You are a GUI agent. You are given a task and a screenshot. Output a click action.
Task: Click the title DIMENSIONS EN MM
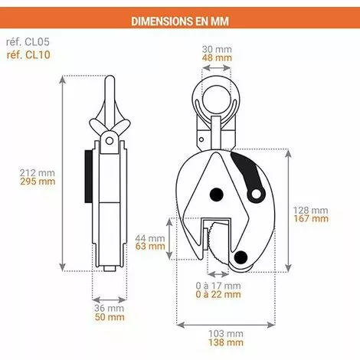pyautogui.click(x=180, y=21)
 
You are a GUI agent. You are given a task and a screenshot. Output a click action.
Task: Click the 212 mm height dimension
pyautogui.click(x=37, y=172)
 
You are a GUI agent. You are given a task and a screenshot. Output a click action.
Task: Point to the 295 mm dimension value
pyautogui.click(x=37, y=182)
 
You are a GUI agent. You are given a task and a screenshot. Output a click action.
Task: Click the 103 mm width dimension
pyautogui.click(x=227, y=335)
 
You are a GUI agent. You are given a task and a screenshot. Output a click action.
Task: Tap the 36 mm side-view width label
pyautogui.click(x=108, y=308)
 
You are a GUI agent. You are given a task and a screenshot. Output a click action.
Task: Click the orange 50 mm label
pyautogui.click(x=108, y=318)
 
